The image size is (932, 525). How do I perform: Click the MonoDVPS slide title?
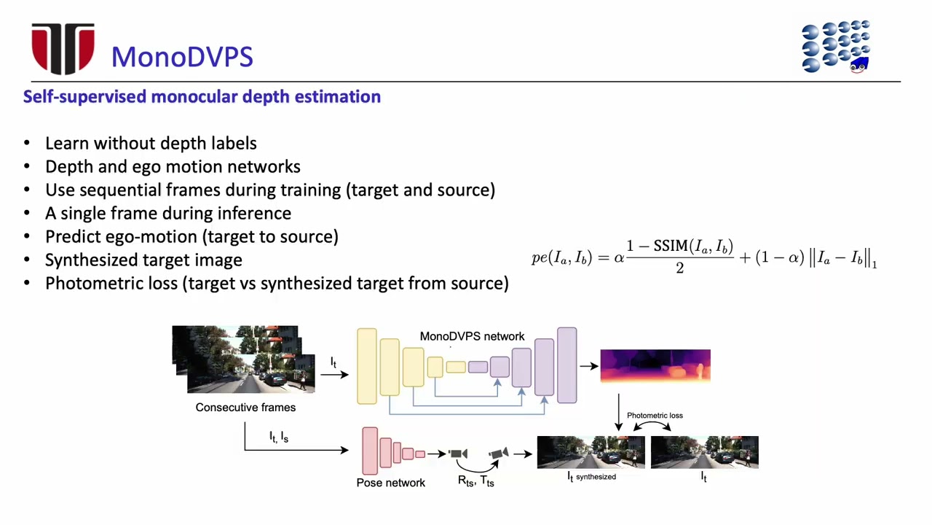coord(182,57)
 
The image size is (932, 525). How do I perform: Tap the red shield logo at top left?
coord(63,48)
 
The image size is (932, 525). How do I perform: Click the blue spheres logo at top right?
coord(836,47)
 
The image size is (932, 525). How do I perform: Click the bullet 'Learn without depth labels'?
coord(151,143)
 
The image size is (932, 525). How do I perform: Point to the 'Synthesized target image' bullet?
coord(143,260)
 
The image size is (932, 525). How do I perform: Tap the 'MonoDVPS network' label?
coord(472,336)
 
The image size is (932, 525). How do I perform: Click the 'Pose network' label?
coord(390,482)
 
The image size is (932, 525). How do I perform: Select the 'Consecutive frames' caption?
coord(245,407)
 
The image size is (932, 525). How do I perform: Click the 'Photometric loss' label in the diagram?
coord(655,415)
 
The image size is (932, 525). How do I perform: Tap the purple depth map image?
coord(655,365)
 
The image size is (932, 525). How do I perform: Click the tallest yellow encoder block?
coord(366,366)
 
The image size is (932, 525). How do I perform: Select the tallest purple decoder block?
coord(566,365)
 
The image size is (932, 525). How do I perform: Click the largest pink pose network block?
coord(370,451)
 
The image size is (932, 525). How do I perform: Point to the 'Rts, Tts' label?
coord(475,481)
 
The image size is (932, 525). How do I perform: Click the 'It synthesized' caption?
coord(591,476)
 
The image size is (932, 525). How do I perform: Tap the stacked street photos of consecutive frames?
coord(244,359)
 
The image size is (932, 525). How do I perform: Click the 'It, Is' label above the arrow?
coord(279,437)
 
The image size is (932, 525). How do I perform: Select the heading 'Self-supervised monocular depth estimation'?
coord(202,96)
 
